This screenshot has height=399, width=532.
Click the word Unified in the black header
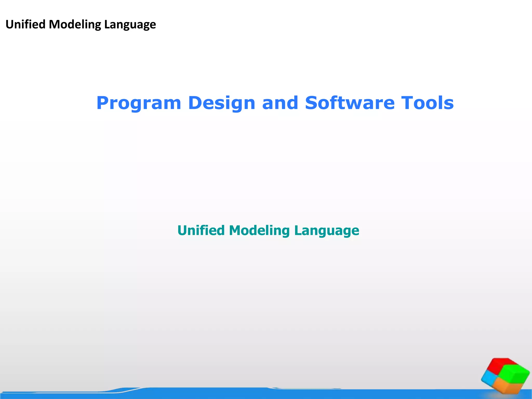click(25, 24)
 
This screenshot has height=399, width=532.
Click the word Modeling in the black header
click(75, 24)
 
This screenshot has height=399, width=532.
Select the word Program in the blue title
click(138, 103)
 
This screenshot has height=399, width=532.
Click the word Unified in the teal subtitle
click(201, 230)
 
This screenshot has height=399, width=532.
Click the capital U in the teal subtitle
click(183, 230)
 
